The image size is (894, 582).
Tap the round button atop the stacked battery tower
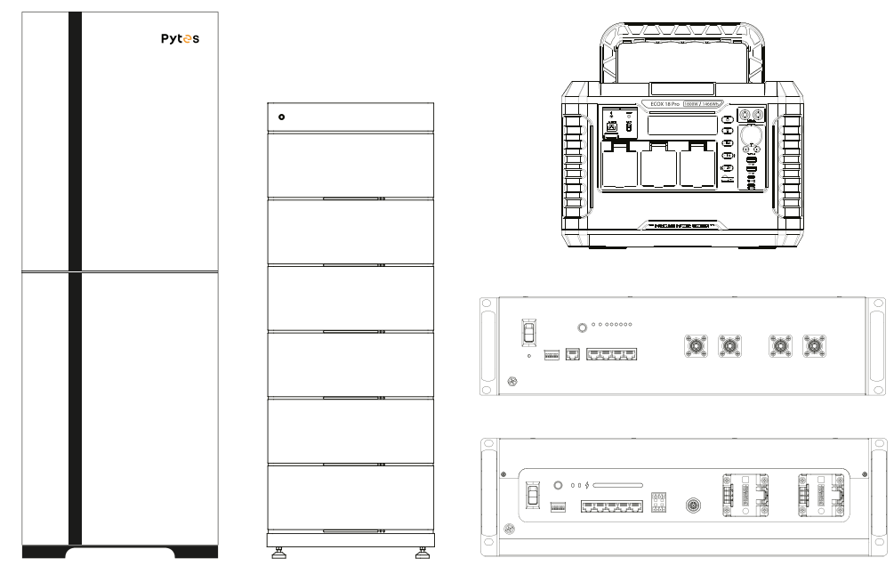tap(282, 117)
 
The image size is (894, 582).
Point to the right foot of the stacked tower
tap(420, 556)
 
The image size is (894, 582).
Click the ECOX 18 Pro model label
tap(658, 104)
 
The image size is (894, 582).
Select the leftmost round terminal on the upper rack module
tap(695, 346)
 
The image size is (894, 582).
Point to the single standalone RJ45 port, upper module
tap(572, 354)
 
